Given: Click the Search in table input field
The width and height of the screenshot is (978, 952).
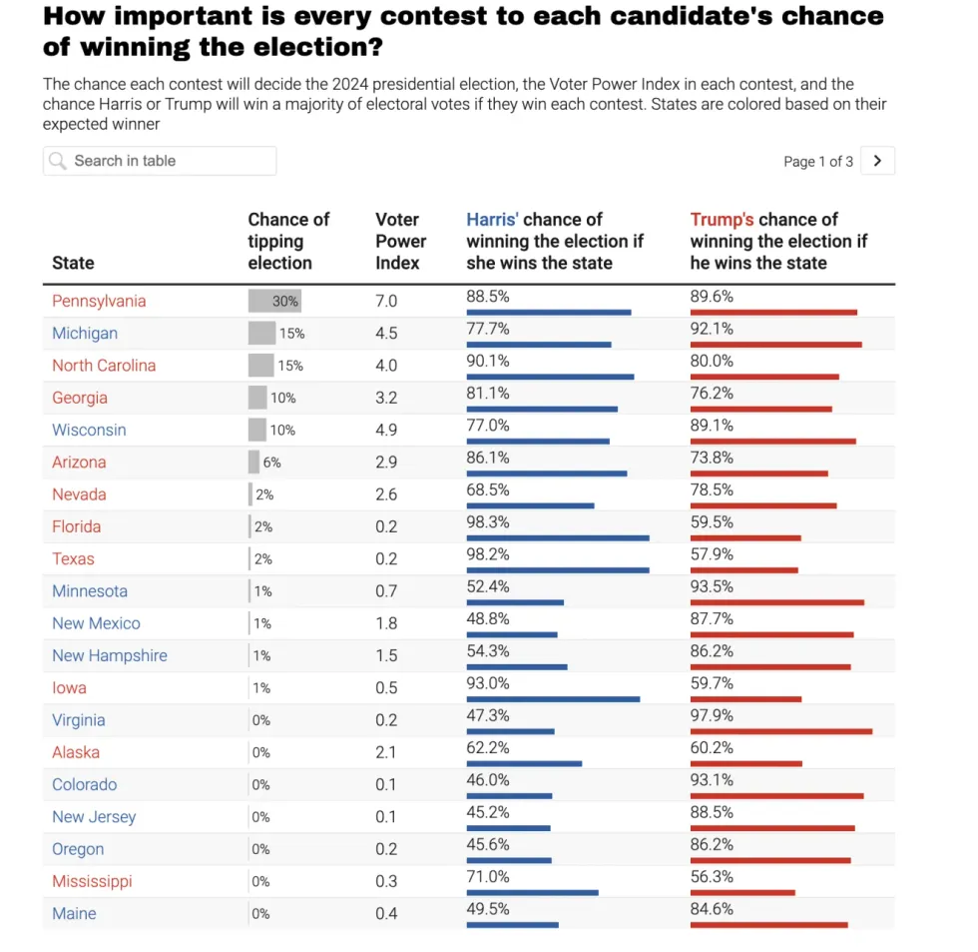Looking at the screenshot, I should [x=170, y=161].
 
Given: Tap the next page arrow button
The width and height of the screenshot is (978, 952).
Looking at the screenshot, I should [x=877, y=161].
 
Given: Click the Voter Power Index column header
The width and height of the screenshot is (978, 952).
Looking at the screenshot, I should [x=400, y=241].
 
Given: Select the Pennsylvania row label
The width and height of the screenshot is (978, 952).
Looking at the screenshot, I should [x=99, y=301].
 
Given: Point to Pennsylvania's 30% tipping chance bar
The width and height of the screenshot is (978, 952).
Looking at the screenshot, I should [x=273, y=301].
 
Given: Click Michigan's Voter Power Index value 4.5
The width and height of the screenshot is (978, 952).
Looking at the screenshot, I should [x=386, y=334].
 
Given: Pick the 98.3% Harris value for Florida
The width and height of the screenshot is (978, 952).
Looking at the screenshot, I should [x=488, y=522].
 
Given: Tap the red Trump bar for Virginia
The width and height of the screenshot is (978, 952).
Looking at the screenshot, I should [x=780, y=731].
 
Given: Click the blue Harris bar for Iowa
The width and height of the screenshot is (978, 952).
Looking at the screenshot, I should [x=553, y=699].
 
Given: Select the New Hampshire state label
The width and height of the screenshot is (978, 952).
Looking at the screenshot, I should [x=110, y=655].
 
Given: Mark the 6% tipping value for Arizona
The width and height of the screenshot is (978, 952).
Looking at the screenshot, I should [x=271, y=463].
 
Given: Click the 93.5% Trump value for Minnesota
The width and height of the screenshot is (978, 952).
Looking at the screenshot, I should [x=712, y=586].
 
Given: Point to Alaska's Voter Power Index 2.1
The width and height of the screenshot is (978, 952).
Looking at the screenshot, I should [x=386, y=752].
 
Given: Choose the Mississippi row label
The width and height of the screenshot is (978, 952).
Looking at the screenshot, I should [x=92, y=881].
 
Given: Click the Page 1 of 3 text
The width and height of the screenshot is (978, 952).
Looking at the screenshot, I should [x=818, y=162].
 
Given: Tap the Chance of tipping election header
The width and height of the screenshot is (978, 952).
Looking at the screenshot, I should [x=288, y=241].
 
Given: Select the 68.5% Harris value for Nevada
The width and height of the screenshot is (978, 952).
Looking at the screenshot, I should [x=488, y=489].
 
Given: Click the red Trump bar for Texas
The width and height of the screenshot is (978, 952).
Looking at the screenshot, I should [x=743, y=570].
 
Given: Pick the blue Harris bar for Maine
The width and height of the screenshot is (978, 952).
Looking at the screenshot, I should [x=512, y=925].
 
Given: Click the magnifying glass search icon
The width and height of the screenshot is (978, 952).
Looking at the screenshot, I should [x=58, y=161].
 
